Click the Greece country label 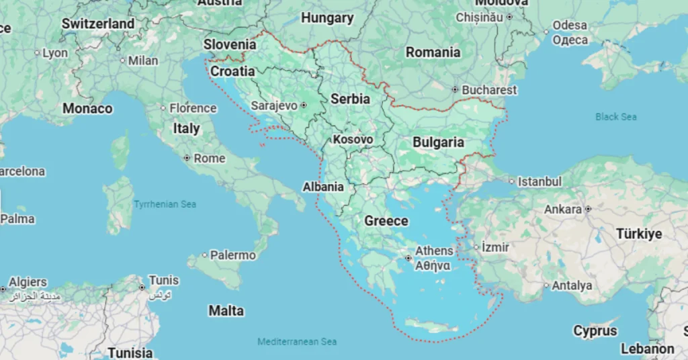[386, 221]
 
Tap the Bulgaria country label [438, 142]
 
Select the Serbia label [350, 99]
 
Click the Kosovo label [353, 140]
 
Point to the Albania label [323, 187]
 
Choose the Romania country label [433, 52]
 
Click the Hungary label [327, 18]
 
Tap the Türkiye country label [639, 234]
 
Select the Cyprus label [595, 331]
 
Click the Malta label [226, 311]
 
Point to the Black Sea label [615, 117]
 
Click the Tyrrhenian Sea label [165, 204]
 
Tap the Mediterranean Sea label [297, 342]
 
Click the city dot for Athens [408, 258]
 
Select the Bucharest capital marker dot [455, 89]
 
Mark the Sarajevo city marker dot [304, 105]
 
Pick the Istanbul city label [539, 181]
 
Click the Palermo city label [232, 255]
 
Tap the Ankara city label [562, 210]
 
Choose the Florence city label [192, 108]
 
